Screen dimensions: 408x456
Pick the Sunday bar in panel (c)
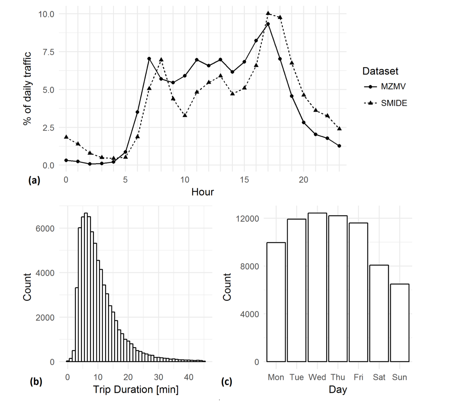tap(399, 323)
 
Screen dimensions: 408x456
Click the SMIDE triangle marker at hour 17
tap(268, 13)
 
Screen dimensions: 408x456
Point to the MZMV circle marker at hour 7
tap(149, 59)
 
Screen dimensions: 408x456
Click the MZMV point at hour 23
tap(339, 146)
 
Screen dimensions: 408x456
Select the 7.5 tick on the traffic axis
tap(48, 52)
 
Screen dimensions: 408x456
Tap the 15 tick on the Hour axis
tap(244, 180)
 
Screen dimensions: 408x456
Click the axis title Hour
tap(203, 192)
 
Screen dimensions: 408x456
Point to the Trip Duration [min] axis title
tap(136, 390)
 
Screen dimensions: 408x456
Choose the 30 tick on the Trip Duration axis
tap(158, 377)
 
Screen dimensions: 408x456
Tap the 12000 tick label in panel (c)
tap(247, 219)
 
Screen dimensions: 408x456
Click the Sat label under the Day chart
tap(379, 377)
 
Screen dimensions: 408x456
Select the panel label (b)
tap(36, 382)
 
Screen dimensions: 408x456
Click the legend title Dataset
tap(380, 71)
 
